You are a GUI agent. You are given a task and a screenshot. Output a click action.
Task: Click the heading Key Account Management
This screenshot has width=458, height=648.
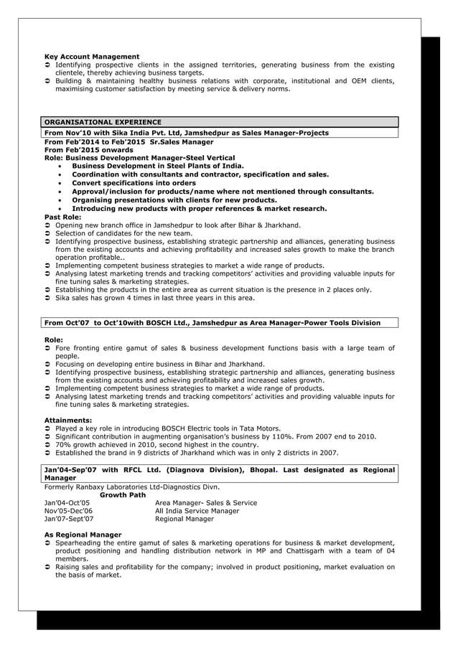click(92, 57)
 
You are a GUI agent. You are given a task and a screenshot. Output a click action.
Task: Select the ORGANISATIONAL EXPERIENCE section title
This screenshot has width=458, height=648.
click(103, 122)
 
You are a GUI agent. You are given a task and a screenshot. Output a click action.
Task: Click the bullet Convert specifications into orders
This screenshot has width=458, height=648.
click(134, 183)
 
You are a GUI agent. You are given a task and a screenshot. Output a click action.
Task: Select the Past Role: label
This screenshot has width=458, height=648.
click(63, 217)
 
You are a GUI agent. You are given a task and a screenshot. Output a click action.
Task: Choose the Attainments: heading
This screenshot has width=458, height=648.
click(68, 420)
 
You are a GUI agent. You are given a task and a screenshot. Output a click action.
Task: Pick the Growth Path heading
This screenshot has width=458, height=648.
click(123, 495)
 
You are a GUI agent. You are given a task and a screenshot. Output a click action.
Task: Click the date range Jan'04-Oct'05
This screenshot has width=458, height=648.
click(67, 503)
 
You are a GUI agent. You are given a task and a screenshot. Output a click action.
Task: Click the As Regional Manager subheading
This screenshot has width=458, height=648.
click(83, 535)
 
